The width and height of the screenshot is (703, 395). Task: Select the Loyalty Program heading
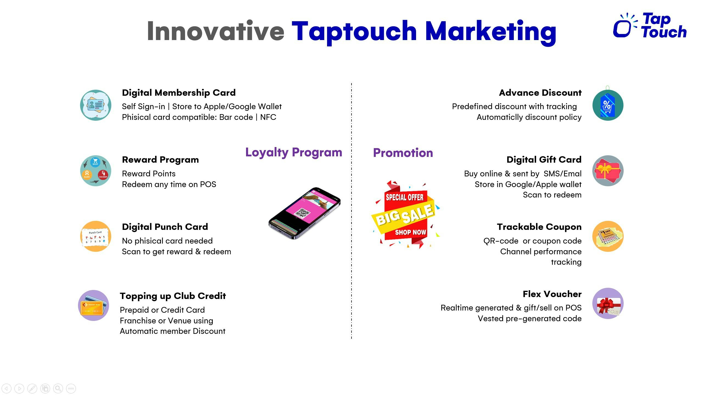pos(294,152)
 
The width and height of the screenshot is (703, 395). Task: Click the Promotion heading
pos(403,153)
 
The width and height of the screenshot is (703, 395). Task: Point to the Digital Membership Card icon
pos(96,105)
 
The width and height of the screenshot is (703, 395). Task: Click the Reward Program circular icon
pos(96,171)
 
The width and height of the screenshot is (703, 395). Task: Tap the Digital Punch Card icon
pos(96,236)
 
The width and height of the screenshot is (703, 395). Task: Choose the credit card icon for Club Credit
pos(93,305)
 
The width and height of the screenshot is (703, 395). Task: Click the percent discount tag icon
pos(608,105)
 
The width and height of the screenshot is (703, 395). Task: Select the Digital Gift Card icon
pos(608,171)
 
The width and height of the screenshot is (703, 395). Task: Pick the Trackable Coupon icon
pos(608,236)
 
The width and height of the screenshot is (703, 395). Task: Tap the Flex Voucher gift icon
pos(608,304)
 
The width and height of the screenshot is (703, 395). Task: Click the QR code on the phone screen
pos(302,213)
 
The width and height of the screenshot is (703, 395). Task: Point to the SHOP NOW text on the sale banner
pos(410,232)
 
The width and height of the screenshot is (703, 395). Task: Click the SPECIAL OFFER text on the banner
pos(404,197)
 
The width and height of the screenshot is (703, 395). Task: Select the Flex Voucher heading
pos(552,294)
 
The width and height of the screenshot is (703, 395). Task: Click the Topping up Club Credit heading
pos(173,296)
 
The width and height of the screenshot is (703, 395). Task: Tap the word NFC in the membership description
pos(268,117)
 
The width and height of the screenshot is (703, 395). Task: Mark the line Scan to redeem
pos(552,195)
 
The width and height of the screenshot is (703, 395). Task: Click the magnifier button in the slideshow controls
pos(58,388)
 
